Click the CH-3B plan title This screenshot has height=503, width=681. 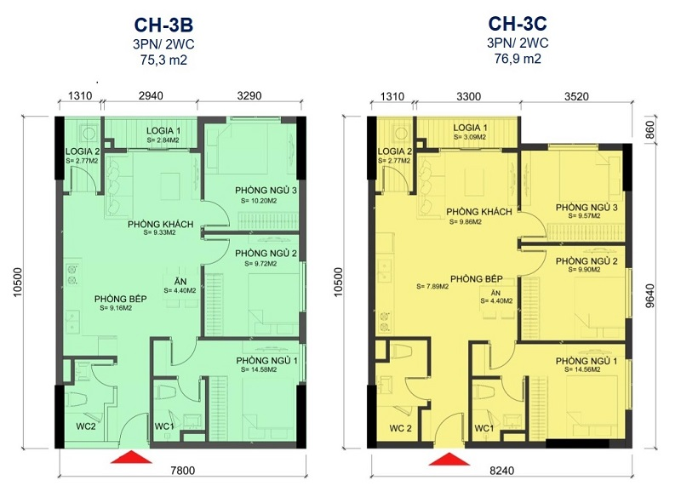163,25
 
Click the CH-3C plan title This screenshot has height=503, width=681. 518,24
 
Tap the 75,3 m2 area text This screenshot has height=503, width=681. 163,60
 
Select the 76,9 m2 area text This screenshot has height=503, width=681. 518,58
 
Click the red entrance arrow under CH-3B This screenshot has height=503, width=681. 131,457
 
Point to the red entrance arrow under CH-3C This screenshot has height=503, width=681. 449,459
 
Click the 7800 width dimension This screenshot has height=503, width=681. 183,471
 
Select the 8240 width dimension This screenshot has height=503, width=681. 501,471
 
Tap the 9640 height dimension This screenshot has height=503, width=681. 650,296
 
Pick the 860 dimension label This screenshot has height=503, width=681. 650,130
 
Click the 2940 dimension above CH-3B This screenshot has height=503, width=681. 151,95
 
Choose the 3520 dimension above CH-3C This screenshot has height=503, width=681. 576,96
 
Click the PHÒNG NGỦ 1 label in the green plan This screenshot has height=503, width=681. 266,361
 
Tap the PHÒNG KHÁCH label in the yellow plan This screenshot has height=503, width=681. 479,212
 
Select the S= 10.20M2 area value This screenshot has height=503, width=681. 259,201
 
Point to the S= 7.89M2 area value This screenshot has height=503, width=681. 432,286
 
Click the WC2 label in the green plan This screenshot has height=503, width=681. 86,426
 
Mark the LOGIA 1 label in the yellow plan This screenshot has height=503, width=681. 470,128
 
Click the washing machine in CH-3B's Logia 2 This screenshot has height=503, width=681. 89,133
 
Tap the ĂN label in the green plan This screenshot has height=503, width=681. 180,282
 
